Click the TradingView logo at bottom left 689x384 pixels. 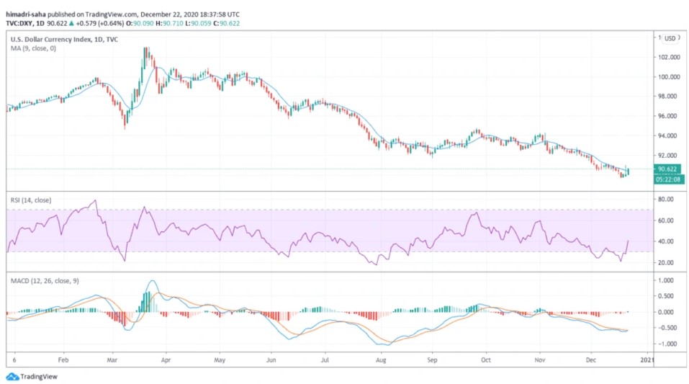pyautogui.click(x=32, y=376)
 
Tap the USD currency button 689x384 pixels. pyautogui.click(x=669, y=38)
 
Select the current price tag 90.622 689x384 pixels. pyautogui.click(x=666, y=169)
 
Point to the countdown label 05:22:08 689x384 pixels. pyautogui.click(x=666, y=179)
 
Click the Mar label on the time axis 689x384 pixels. pyautogui.click(x=112, y=358)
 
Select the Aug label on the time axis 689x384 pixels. pyautogui.click(x=381, y=358)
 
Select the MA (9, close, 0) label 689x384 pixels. pyautogui.click(x=32, y=48)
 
